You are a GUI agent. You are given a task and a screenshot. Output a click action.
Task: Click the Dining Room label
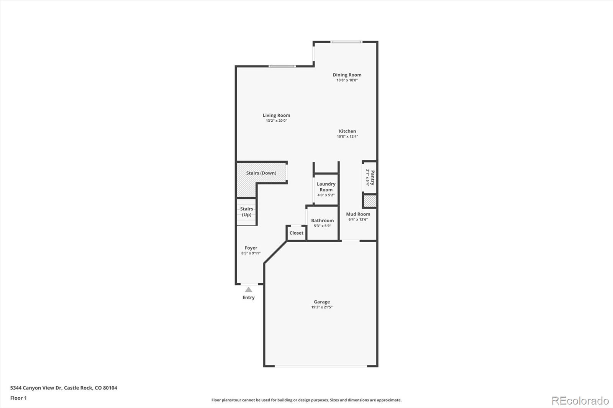coord(347,75)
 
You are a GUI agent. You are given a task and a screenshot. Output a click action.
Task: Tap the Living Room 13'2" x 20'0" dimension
coord(276,121)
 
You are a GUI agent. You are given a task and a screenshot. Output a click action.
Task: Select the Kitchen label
coord(347,131)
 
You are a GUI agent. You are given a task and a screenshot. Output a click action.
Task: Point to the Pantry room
coord(370,178)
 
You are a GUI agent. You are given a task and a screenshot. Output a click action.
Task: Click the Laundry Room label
coord(326,187)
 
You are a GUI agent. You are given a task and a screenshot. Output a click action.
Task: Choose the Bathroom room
coord(322,223)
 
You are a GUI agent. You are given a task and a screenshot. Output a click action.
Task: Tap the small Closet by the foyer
coord(296,233)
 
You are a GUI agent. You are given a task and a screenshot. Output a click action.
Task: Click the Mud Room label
coord(358,214)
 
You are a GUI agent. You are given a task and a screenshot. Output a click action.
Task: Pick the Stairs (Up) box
coord(246,212)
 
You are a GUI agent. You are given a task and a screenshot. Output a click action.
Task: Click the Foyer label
coord(251,248)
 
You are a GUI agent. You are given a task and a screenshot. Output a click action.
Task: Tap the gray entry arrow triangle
coord(249,289)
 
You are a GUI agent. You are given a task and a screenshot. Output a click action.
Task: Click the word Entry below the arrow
coord(248,297)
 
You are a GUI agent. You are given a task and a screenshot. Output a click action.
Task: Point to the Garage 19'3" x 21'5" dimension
coord(322,307)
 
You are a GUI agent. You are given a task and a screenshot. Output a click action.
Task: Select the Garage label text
coord(322,302)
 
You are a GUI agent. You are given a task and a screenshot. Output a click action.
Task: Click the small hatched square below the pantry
coord(370,201)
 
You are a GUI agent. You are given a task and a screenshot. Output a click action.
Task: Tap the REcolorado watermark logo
coord(580,400)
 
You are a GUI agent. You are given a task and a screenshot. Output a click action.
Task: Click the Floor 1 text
coord(18,398)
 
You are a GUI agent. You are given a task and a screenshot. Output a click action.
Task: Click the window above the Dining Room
coord(346,42)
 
